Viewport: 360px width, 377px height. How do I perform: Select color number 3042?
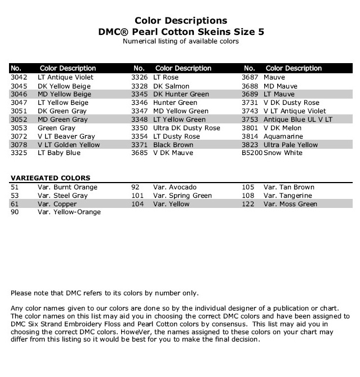point(19,77)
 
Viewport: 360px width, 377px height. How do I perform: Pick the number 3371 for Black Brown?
point(140,145)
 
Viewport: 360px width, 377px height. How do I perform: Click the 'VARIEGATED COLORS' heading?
point(50,178)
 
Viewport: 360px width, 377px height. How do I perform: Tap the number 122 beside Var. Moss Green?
point(248,204)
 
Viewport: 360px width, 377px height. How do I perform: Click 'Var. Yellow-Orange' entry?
point(69,212)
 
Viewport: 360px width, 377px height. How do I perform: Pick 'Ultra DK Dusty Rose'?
point(186,128)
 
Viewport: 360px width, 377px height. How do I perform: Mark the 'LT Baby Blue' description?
point(59,153)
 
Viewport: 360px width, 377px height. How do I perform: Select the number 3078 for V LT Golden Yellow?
point(19,145)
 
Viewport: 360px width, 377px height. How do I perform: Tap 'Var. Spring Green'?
point(182,196)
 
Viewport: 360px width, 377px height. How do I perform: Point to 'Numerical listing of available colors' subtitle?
point(180,41)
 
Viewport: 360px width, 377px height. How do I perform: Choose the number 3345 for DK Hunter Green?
point(140,94)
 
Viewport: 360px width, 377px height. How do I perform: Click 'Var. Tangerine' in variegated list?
point(288,196)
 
